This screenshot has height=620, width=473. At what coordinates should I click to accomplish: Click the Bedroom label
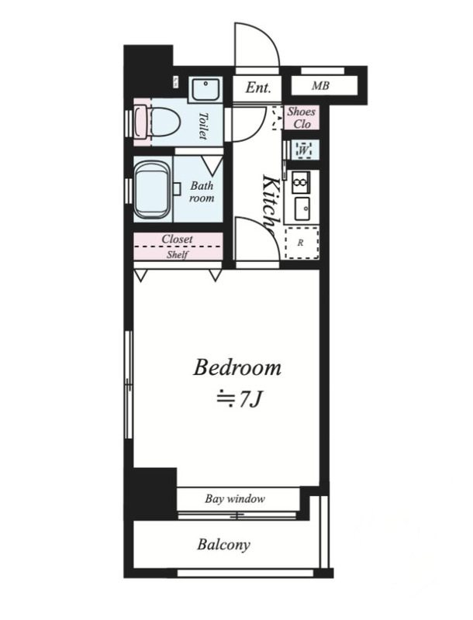point(237,367)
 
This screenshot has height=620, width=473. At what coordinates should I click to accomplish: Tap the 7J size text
point(240,400)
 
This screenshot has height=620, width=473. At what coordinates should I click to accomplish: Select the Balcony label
point(224,545)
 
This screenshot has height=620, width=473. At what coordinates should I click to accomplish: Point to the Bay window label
point(235,498)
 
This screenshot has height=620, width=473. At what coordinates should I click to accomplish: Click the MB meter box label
point(320,85)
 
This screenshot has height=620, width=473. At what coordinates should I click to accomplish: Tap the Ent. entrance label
point(258,88)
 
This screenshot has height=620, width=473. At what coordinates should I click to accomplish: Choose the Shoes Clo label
point(302,118)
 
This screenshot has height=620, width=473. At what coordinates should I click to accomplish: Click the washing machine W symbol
point(304,150)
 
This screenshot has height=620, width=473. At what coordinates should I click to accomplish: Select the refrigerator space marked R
point(302,243)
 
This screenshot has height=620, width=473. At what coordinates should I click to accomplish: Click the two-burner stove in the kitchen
point(301,182)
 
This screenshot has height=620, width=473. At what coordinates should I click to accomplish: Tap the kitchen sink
point(303,208)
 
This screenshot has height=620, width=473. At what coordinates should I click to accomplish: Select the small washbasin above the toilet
point(205,89)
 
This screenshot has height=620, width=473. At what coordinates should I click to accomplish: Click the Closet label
point(177,239)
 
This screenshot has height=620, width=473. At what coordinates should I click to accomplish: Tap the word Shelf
point(177,254)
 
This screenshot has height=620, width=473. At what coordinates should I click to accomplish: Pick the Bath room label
point(202,191)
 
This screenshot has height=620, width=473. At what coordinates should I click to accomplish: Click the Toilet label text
point(203,126)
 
